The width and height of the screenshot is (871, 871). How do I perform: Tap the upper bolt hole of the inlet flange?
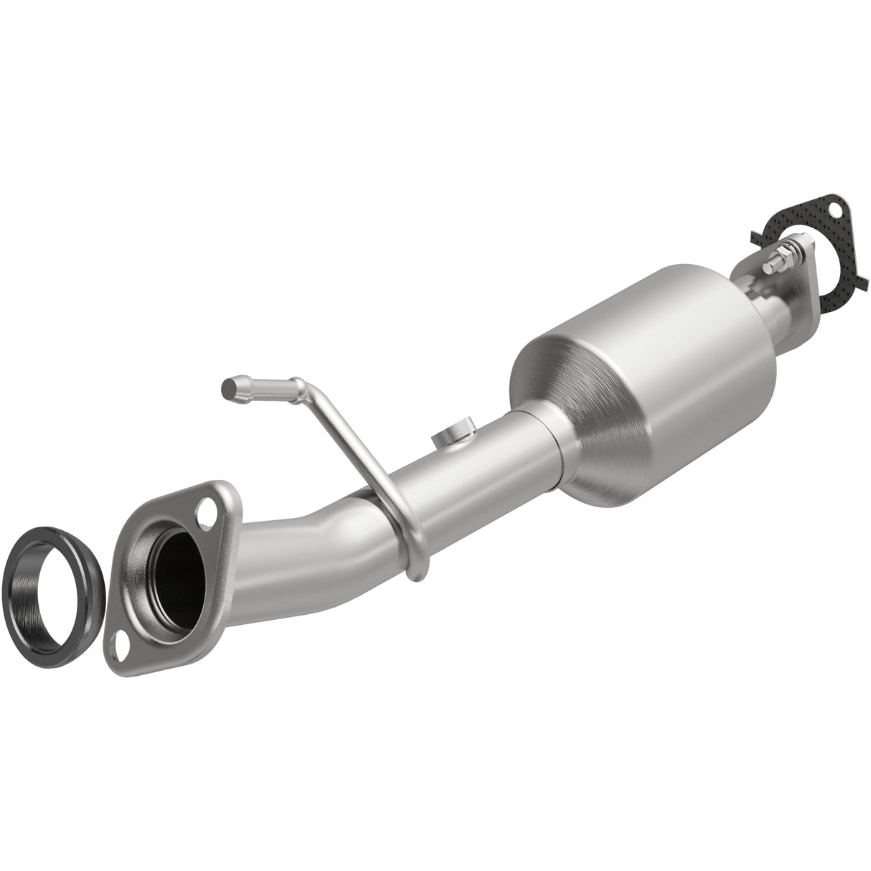[209, 513]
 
